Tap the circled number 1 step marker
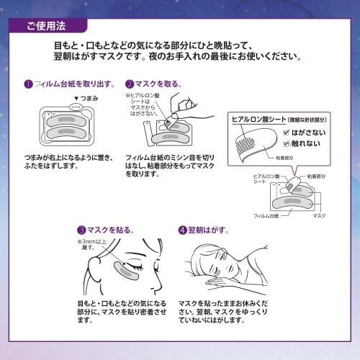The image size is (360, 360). tap(27, 84)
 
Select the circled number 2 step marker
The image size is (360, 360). tap(130, 84)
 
